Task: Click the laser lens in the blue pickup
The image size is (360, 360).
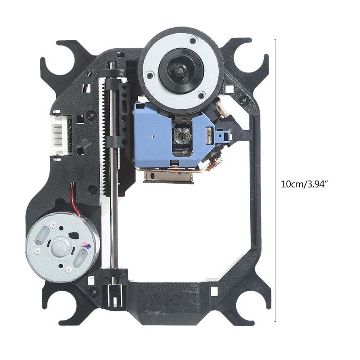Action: [181, 135]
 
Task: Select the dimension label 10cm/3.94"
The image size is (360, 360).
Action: [304, 184]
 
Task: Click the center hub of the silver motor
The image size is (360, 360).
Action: [60, 246]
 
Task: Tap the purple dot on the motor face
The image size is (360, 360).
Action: [88, 247]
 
